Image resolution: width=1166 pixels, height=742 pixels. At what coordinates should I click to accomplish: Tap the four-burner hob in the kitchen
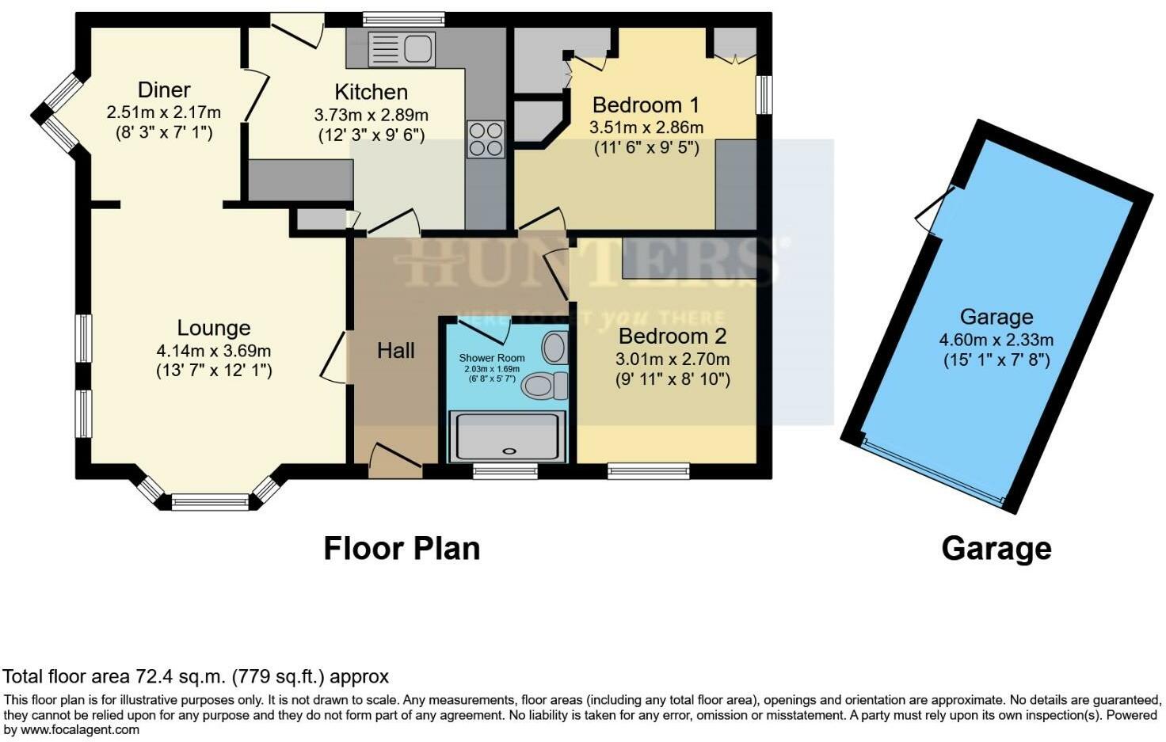pos(486,139)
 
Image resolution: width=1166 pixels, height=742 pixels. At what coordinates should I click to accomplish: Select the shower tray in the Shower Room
pos(508,436)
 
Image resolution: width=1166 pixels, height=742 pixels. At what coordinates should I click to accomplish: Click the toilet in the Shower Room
pos(546,386)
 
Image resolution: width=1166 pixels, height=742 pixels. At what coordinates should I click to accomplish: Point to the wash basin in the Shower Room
pos(555,347)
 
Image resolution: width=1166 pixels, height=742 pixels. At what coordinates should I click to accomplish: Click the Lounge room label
pos(213,328)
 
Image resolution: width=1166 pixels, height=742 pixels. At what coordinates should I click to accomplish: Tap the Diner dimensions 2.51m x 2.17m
pos(163,112)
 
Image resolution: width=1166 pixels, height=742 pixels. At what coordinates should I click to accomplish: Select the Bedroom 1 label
pos(646,105)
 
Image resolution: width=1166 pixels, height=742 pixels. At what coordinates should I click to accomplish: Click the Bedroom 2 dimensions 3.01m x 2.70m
pos(672,359)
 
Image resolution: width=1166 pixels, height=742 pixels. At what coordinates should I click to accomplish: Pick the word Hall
pos(395,350)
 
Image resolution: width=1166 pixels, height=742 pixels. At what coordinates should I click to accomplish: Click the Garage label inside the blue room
pos(996,317)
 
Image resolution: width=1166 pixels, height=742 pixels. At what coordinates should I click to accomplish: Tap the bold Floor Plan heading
pos(402,548)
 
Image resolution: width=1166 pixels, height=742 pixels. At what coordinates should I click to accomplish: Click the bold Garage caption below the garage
pos(996,548)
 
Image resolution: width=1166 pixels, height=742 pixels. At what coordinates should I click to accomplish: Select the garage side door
pos(935,207)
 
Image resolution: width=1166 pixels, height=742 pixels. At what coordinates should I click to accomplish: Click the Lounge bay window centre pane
pos(210,500)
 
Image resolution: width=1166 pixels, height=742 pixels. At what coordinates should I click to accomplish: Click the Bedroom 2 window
pos(648,471)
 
